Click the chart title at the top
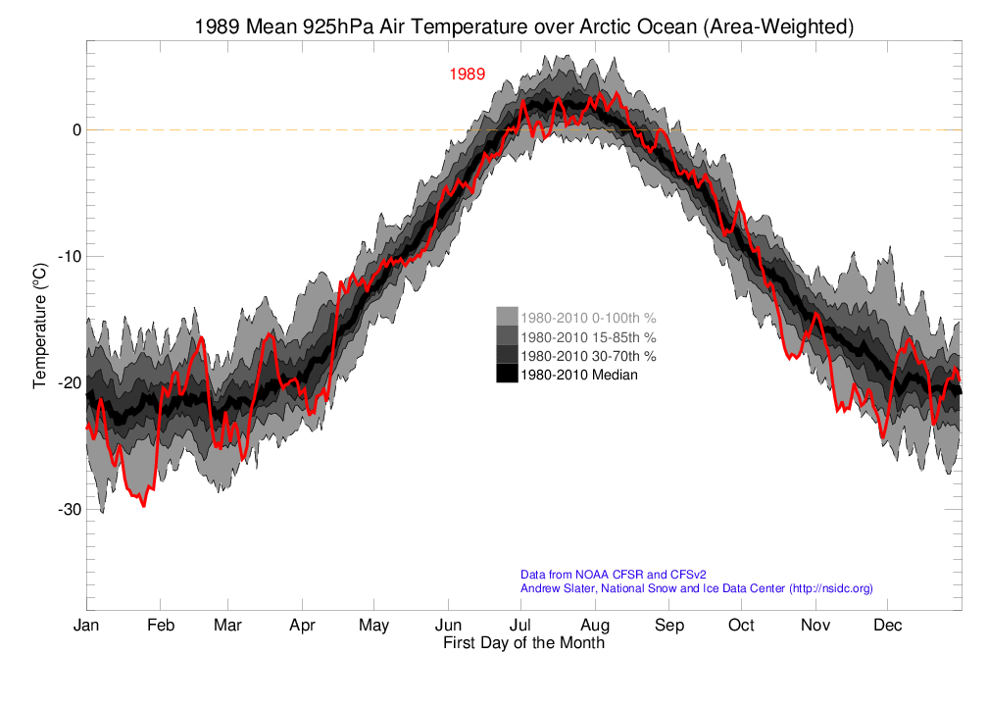pyautogui.click(x=524, y=27)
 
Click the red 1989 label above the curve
pyautogui.click(x=467, y=75)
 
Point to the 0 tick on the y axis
pyautogui.click(x=74, y=130)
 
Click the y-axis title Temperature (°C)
pyautogui.click(x=40, y=325)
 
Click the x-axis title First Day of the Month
pyautogui.click(x=523, y=644)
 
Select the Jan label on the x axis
pyautogui.click(x=86, y=626)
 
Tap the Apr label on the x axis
pyautogui.click(x=302, y=626)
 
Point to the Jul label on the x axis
pyautogui.click(x=520, y=626)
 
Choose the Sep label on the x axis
pyautogui.click(x=669, y=626)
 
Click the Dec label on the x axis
pyautogui.click(x=888, y=626)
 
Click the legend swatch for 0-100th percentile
pyautogui.click(x=507, y=317)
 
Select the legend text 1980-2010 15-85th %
pyautogui.click(x=588, y=336)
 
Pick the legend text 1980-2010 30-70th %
pyautogui.click(x=588, y=355)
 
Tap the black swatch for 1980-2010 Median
pyautogui.click(x=507, y=374)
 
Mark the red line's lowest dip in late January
pyautogui.click(x=143, y=506)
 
